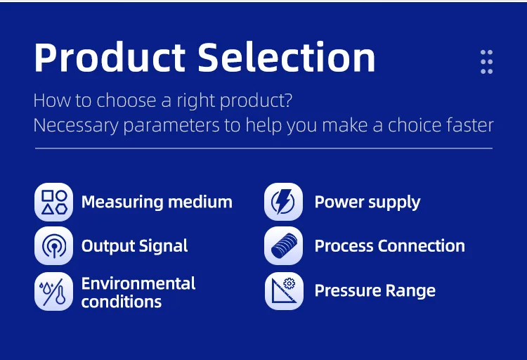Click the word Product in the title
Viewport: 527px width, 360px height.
tap(110, 57)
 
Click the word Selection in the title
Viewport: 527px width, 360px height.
tap(287, 57)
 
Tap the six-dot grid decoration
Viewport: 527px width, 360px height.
tap(486, 62)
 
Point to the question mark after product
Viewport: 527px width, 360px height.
tap(288, 100)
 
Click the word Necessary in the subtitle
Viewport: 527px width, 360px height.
tap(76, 125)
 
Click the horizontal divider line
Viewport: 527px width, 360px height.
tap(263, 148)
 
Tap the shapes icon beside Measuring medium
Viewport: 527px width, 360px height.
tap(54, 202)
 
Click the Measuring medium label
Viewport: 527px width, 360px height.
tap(157, 202)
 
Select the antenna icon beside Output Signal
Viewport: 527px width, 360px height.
tap(54, 245)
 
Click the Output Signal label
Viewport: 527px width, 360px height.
tap(134, 246)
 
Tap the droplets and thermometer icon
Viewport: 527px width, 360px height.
tap(54, 291)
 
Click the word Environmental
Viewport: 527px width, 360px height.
tap(138, 283)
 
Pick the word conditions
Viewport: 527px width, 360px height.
tap(122, 302)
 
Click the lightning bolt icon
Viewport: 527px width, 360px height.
tap(283, 202)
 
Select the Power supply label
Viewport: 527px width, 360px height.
tap(367, 202)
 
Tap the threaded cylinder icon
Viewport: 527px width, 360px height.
tap(283, 245)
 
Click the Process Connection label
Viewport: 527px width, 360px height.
tap(390, 246)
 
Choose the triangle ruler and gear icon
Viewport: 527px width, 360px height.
tap(284, 291)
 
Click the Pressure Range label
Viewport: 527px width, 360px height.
tap(375, 290)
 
